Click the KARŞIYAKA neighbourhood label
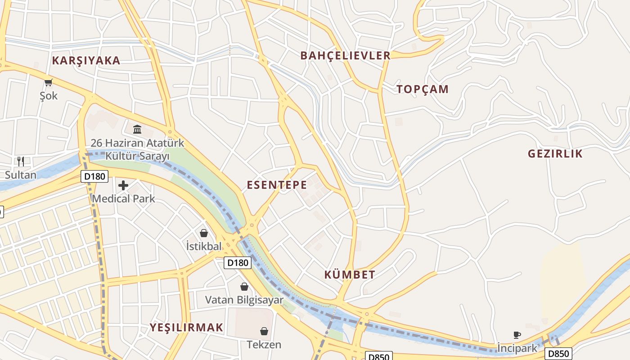tap(86, 61)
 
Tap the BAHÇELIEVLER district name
tap(345, 56)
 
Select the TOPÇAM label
tap(423, 89)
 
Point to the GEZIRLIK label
tap(555, 154)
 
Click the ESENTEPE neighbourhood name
tap(277, 185)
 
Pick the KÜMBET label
tap(350, 275)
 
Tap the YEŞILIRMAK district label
tap(186, 328)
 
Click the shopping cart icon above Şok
tap(49, 82)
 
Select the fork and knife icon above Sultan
tap(20, 161)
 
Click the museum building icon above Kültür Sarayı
tap(137, 130)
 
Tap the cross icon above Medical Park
tap(123, 185)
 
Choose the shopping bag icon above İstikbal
tap(204, 233)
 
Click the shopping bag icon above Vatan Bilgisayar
tap(244, 287)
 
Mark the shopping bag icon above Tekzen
tap(264, 332)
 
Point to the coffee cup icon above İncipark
tap(517, 335)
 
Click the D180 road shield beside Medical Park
tap(94, 176)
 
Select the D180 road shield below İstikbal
tap(237, 263)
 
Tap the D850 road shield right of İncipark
tap(558, 354)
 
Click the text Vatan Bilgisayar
tap(244, 300)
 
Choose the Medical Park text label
tap(123, 198)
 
